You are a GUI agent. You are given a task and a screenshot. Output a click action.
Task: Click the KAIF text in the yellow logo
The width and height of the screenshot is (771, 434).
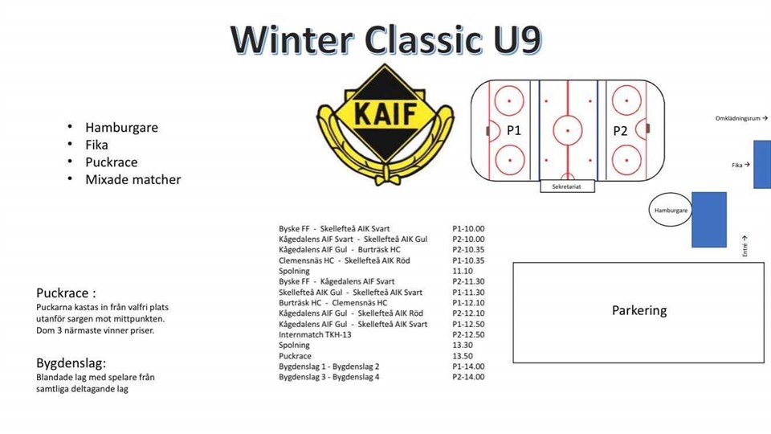click(385, 113)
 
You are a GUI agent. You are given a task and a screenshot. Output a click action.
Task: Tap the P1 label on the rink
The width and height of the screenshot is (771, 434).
click(513, 130)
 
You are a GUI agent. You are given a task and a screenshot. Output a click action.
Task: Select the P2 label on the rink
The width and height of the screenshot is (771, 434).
click(620, 131)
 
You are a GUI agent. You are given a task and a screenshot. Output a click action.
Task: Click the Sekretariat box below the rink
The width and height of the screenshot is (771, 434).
click(568, 186)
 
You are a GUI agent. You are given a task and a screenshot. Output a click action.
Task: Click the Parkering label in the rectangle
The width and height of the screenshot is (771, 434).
click(639, 310)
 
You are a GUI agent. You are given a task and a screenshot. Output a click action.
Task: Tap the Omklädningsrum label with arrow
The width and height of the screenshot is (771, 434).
click(741, 119)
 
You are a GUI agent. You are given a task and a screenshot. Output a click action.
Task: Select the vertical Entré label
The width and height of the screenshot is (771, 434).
click(745, 246)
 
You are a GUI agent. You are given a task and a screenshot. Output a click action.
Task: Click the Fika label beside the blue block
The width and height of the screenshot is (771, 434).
click(740, 165)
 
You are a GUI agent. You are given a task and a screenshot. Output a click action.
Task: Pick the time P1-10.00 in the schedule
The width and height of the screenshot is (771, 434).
click(468, 229)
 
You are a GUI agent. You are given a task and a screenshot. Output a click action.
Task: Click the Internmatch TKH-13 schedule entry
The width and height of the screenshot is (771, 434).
click(315, 334)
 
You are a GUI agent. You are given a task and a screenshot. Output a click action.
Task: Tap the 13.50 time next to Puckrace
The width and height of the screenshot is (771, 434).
click(463, 356)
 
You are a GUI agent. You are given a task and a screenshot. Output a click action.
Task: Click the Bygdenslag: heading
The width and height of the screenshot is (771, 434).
click(71, 363)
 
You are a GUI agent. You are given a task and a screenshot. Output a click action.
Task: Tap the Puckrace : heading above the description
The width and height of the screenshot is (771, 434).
click(66, 293)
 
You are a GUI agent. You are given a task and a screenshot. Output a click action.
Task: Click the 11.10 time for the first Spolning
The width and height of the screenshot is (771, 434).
click(463, 271)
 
